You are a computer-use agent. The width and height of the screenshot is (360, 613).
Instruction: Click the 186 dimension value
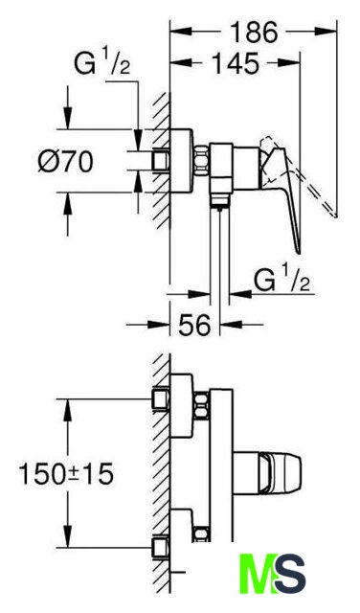254,32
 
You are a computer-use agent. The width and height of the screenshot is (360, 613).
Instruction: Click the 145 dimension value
235,63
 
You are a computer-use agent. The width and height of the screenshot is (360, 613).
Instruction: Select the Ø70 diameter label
66,162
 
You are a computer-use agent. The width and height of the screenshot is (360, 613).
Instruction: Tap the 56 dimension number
194,324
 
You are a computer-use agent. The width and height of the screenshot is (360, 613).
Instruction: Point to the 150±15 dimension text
66,473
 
